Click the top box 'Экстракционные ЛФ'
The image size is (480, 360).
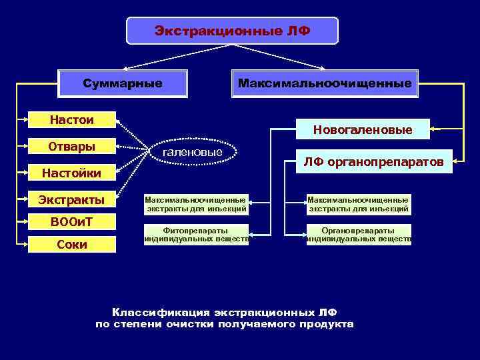232,31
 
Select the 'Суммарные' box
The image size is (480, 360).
123,84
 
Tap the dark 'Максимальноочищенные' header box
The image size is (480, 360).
325,84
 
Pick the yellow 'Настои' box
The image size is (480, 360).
72,120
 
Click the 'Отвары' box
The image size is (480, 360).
72,147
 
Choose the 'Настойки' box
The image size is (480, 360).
72,173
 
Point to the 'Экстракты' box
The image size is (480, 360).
72,199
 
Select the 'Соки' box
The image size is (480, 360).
72,245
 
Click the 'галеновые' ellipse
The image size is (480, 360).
193,153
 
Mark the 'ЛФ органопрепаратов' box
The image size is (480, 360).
373,161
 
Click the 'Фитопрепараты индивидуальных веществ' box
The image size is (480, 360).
197,235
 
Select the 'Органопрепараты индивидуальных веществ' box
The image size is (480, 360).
359,235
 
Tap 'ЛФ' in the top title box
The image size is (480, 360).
297,31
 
